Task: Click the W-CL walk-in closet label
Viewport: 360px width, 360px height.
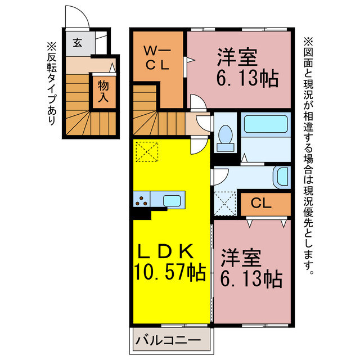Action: pos(157,57)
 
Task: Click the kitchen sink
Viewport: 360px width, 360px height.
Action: pos(172,200)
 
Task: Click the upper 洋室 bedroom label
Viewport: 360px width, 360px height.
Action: pos(238,57)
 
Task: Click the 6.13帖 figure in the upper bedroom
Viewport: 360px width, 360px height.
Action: pos(246,79)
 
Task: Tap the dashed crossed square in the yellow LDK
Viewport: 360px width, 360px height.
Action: pos(147,151)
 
